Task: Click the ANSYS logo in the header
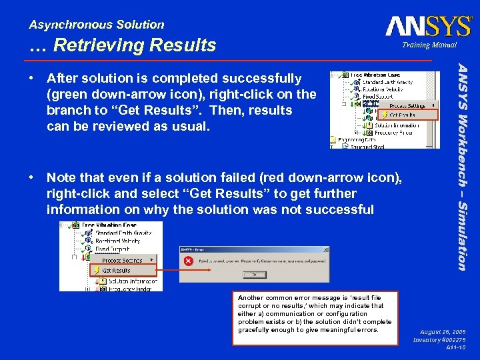(428, 25)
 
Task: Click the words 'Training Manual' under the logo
(429, 45)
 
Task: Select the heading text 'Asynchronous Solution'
(97, 25)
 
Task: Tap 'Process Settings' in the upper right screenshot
(408, 105)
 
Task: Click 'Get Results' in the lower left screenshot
(116, 271)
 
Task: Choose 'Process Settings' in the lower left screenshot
(122, 260)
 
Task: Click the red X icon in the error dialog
(189, 261)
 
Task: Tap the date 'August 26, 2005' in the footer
(443, 331)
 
